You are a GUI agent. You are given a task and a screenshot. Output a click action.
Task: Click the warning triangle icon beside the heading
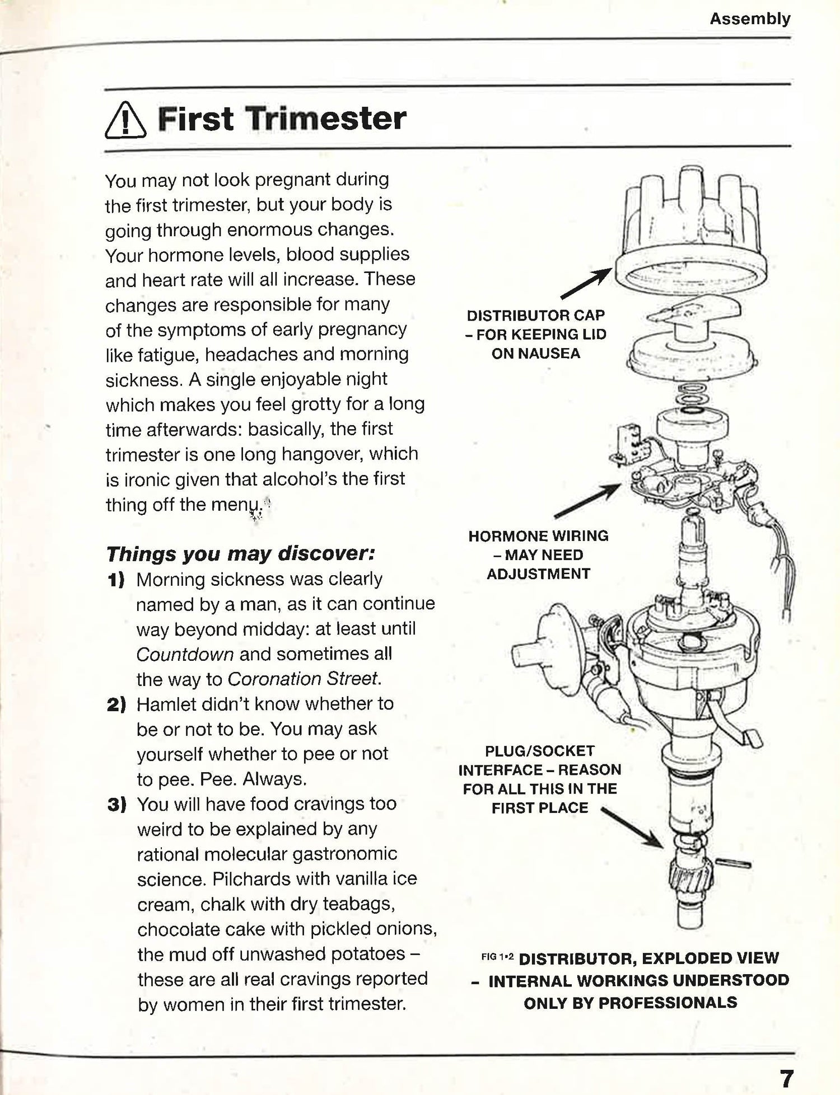tap(125, 120)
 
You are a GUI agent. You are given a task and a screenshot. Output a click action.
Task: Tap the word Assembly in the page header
tap(750, 19)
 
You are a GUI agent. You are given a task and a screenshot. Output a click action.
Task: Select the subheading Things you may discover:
tap(240, 553)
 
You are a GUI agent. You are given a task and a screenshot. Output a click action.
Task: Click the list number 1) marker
tap(116, 580)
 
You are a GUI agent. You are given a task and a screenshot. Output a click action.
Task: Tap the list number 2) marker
tap(116, 704)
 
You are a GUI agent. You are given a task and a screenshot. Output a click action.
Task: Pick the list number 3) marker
tap(116, 805)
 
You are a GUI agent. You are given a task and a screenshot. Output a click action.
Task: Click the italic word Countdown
tap(185, 654)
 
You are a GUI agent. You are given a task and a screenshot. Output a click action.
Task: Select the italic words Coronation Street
tap(303, 679)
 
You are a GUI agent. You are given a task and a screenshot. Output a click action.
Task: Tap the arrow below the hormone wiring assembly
tap(587, 500)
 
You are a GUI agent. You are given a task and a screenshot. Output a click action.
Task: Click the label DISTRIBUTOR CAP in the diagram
tap(535, 316)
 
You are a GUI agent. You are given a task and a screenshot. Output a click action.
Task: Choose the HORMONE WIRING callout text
tap(538, 537)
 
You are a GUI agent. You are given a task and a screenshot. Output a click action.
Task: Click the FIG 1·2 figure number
tap(497, 957)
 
